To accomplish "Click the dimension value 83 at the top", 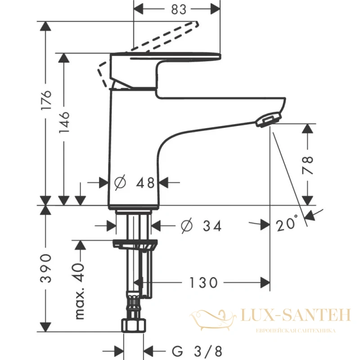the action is pos(178,9).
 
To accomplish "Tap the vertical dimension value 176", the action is pos(46,100).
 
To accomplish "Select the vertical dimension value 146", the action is pos(64,122).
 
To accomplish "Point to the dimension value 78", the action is pos(308,165).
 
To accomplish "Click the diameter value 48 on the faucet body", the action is pos(145,183).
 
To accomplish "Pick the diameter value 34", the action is pos(212,226).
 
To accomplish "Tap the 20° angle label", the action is pos(287,223).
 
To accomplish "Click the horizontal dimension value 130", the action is pos(203,283).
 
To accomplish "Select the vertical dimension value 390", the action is pos(46,268).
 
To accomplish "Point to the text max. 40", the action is pos(80,291).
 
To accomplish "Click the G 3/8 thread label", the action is pos(197,351).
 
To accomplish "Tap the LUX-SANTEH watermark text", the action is pos(297,315).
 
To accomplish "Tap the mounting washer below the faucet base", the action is pos(135,245).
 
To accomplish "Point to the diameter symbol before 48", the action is pos(120,183).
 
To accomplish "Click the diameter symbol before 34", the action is pos(187,226).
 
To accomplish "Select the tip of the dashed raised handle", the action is pos(197,23).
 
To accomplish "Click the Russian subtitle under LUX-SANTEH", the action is pos(296,331).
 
